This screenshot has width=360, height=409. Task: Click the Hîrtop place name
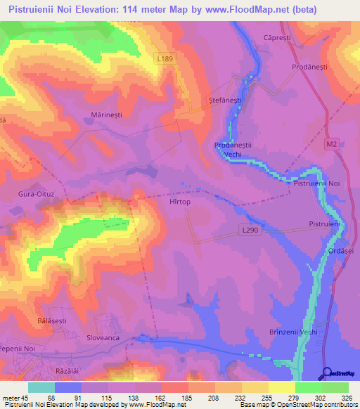pyautogui.click(x=200, y=201)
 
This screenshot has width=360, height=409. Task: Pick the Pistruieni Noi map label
pyautogui.click(x=316, y=183)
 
